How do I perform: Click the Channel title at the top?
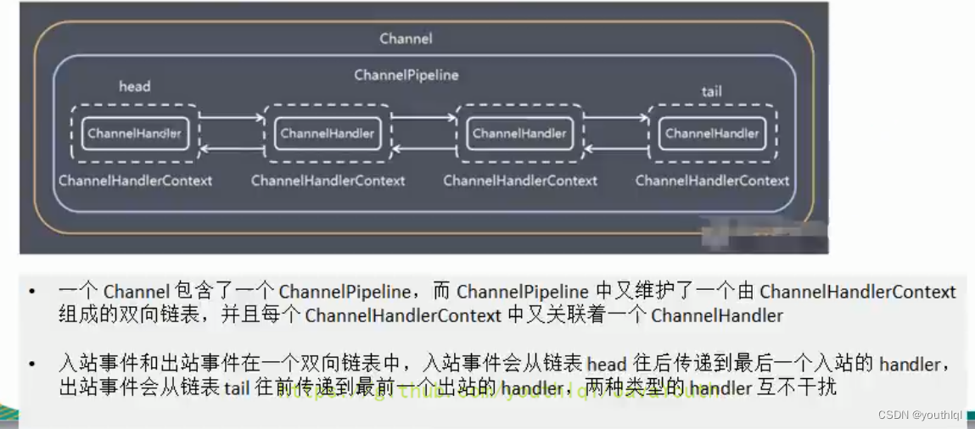tap(406, 38)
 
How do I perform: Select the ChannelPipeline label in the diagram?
tap(406, 75)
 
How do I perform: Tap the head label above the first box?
tap(134, 86)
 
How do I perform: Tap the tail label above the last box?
tap(712, 91)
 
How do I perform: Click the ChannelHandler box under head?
tap(134, 133)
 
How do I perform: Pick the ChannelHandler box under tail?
tap(712, 133)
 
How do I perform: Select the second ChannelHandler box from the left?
tap(327, 133)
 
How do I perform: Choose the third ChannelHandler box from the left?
tap(519, 133)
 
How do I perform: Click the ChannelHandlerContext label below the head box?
tap(135, 181)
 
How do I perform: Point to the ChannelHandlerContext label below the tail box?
tap(712, 181)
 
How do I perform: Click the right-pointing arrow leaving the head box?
tap(231, 120)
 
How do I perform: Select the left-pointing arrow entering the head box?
tap(231, 149)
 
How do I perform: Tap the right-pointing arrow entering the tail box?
tap(616, 120)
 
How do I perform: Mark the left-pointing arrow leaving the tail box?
tap(616, 149)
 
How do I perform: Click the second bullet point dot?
tap(32, 365)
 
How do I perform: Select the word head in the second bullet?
tap(606, 365)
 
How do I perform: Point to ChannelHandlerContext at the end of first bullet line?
tap(857, 292)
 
